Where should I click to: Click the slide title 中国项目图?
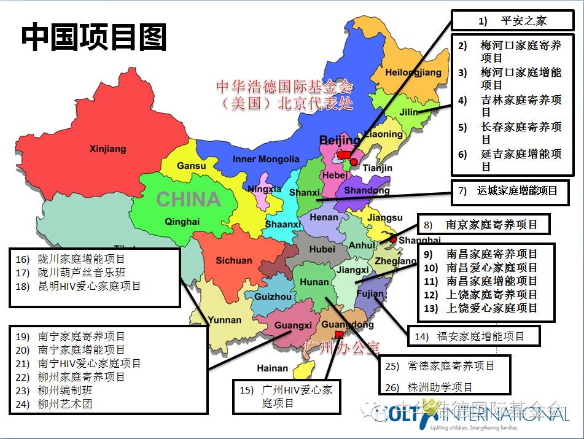(x=94, y=37)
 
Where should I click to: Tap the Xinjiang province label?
(x=107, y=149)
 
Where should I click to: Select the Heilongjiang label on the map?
(x=413, y=72)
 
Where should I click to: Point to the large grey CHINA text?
(x=188, y=199)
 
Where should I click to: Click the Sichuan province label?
(x=233, y=260)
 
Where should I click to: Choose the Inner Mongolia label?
(x=266, y=159)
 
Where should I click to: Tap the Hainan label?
(x=272, y=368)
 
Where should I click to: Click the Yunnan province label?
(x=224, y=319)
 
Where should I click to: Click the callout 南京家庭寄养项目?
(x=491, y=225)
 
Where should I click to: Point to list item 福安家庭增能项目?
(x=480, y=336)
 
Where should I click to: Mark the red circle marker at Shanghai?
(x=393, y=240)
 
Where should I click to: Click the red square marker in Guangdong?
(x=339, y=335)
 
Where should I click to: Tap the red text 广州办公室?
(x=342, y=349)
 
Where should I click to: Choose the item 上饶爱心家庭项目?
(x=491, y=308)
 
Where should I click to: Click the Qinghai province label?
(x=182, y=222)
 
